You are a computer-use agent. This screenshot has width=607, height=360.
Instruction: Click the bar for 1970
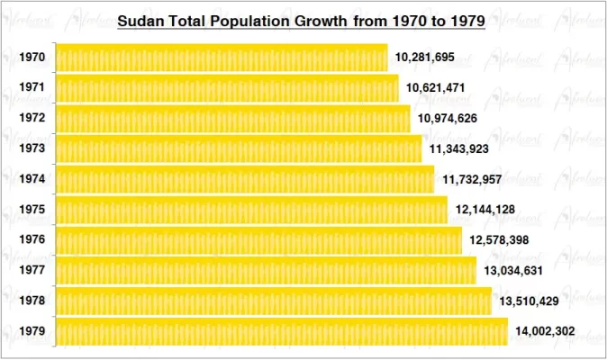click(x=222, y=58)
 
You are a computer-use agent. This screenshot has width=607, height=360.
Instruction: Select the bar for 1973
click(x=239, y=148)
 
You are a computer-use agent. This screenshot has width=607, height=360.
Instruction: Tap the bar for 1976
click(x=258, y=240)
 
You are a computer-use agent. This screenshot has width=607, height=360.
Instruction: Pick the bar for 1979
click(x=281, y=331)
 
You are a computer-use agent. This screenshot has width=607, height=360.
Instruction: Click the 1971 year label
click(x=32, y=88)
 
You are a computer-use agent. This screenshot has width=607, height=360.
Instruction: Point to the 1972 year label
click(x=32, y=118)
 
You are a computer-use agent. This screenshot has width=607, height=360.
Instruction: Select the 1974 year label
click(x=32, y=179)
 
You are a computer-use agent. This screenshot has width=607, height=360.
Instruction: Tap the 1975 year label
click(x=32, y=210)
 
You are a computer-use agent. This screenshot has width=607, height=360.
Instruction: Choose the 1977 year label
click(x=32, y=270)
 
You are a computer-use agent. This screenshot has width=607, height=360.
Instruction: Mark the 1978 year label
click(x=32, y=301)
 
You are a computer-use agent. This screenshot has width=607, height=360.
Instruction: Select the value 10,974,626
click(x=448, y=119)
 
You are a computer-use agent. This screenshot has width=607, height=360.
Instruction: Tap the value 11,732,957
click(x=473, y=179)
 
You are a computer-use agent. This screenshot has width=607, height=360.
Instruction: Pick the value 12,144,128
click(x=485, y=210)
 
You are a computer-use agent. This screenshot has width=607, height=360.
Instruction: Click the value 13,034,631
click(x=514, y=270)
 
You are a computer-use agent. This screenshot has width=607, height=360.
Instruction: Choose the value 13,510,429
click(x=530, y=301)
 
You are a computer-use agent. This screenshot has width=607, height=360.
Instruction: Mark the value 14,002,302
click(x=545, y=331)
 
